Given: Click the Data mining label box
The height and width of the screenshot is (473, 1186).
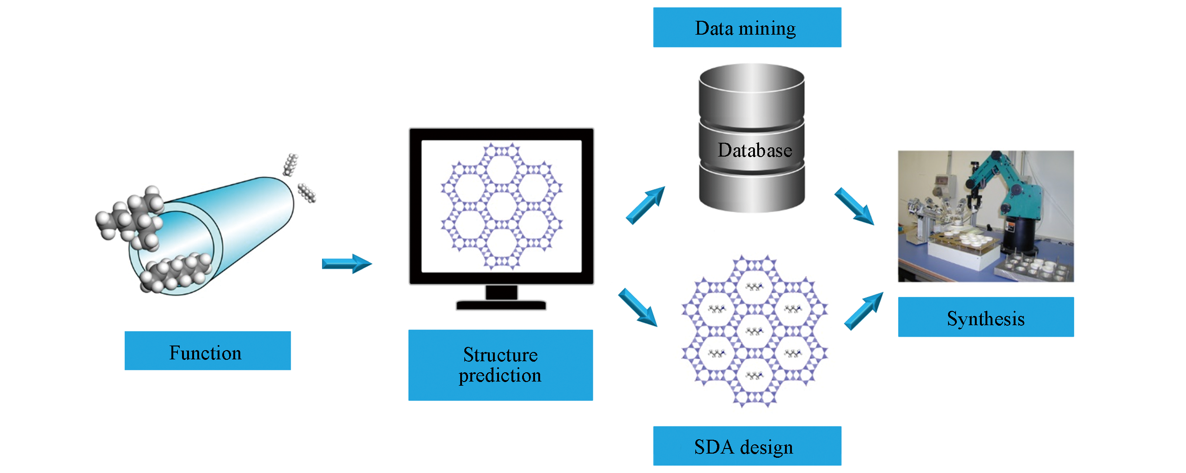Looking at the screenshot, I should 747,28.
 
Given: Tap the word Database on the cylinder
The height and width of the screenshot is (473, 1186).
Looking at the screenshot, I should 754,150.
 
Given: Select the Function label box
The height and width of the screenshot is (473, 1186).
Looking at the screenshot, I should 207,351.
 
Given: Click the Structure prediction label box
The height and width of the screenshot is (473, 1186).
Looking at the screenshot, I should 500,365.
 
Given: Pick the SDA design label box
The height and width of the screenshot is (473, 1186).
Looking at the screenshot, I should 747,446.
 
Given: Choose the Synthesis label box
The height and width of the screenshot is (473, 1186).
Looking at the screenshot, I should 985,317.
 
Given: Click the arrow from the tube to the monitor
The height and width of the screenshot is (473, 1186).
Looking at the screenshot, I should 347,264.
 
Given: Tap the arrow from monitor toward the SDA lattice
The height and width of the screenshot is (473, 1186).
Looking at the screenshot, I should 638,307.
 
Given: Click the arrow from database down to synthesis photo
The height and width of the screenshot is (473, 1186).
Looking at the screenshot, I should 854,206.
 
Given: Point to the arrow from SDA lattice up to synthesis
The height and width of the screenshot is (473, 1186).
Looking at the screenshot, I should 864,311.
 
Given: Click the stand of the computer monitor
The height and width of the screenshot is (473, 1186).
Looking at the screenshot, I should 501,298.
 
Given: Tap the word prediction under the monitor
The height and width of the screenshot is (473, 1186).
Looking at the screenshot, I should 500,376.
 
